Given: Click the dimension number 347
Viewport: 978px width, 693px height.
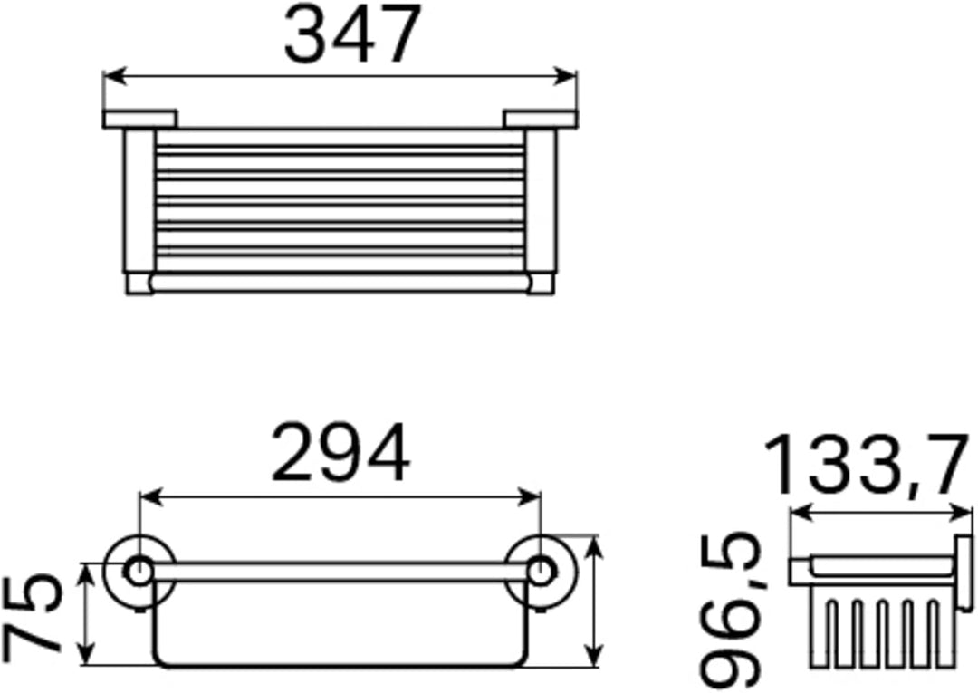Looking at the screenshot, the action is pos(352,34).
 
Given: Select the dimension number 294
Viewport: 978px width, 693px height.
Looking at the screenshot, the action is pos(341,454).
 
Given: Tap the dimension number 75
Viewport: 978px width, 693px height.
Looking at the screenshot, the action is pos(34,613).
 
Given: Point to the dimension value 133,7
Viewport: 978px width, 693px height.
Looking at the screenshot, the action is pos(867,467).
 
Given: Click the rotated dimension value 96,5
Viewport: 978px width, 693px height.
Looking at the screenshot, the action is pos(731,609).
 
